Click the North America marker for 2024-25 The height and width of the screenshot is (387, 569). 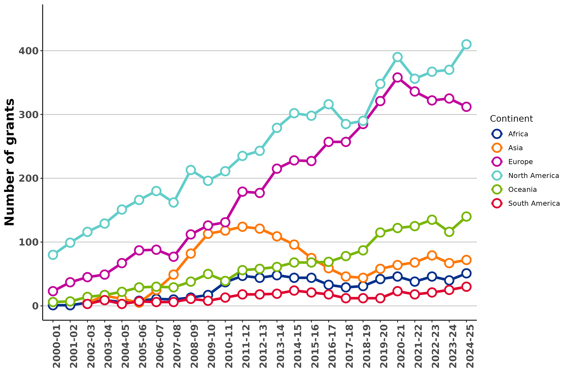click(x=466, y=44)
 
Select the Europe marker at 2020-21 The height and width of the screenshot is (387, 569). click(x=397, y=77)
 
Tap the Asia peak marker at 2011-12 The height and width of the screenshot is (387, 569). click(x=242, y=227)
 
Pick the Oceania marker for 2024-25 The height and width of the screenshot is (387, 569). click(x=466, y=217)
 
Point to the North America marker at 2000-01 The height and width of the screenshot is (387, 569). click(x=53, y=255)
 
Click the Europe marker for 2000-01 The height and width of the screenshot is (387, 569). click(x=53, y=291)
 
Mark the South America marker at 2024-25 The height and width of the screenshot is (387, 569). click(x=466, y=287)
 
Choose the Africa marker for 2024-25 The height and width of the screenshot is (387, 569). click(x=466, y=273)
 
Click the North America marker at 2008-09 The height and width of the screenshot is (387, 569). click(x=191, y=170)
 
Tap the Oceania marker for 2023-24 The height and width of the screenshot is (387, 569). click(x=449, y=232)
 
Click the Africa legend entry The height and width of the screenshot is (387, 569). click(x=518, y=134)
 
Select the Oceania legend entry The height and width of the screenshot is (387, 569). click(x=522, y=190)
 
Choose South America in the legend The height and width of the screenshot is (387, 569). click(x=534, y=204)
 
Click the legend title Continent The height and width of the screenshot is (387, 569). click(x=511, y=119)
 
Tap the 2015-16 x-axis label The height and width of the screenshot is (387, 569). click(x=311, y=346)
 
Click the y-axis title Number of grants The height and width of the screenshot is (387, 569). click(x=9, y=162)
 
